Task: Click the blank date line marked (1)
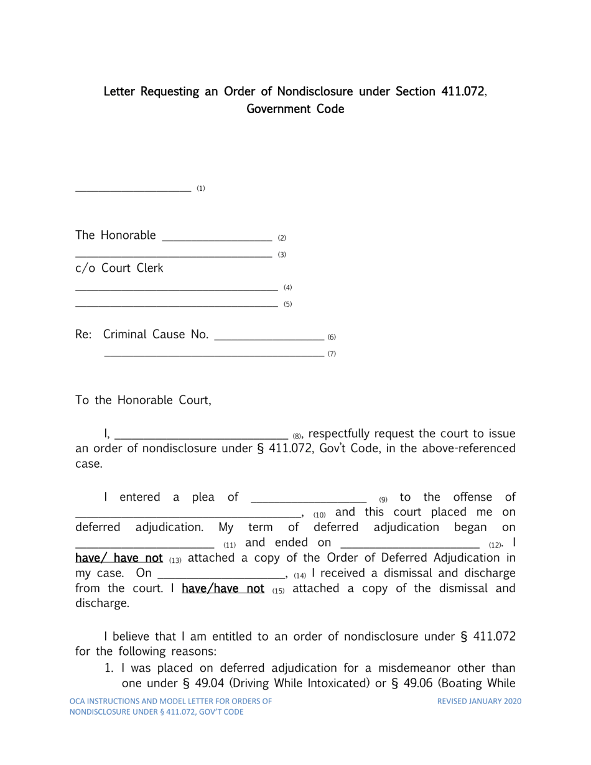point(133,189)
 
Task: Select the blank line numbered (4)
point(176,288)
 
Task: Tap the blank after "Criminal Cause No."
point(268,337)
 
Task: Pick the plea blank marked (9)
point(307,499)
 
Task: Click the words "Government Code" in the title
point(295,109)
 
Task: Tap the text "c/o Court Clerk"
point(119,269)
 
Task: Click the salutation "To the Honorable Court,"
point(144,401)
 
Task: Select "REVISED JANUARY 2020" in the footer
point(479,702)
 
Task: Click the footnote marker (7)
point(332,354)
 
